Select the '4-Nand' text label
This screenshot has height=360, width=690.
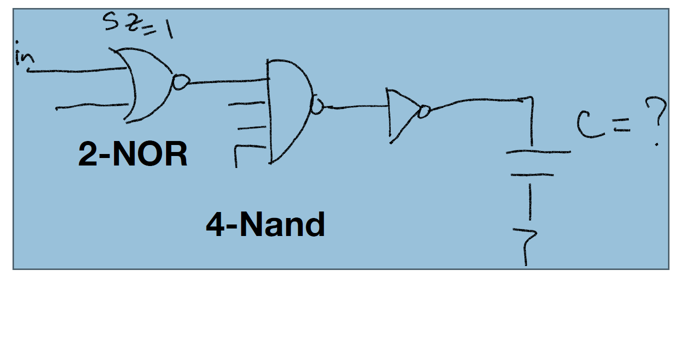(x=265, y=224)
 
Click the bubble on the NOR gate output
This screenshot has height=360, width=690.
(x=180, y=82)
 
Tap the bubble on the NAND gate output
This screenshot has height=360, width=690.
(x=317, y=106)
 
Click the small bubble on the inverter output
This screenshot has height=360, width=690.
(x=424, y=111)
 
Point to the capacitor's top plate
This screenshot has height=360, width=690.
(x=538, y=151)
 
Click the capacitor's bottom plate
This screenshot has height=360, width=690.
(x=531, y=174)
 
